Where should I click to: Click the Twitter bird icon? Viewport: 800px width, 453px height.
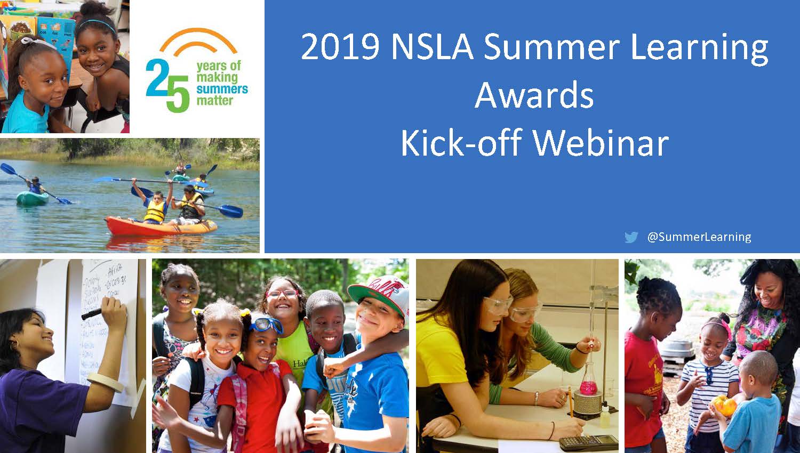point(631,237)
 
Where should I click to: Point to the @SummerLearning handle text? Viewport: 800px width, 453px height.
point(699,237)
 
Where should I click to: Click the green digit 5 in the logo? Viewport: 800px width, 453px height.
point(178,94)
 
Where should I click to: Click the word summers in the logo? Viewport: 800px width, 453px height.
point(222,89)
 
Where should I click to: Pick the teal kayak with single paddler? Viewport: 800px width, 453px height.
point(32,199)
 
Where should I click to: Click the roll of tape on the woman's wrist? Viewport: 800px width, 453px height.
point(105,382)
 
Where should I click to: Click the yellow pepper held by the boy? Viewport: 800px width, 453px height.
point(726,406)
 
